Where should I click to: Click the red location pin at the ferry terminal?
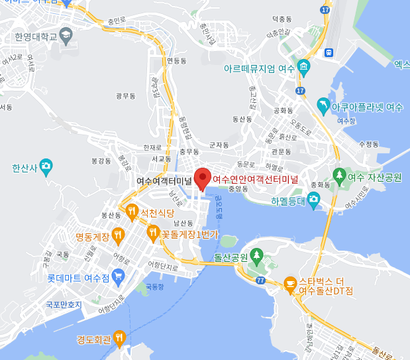click(x=203, y=178)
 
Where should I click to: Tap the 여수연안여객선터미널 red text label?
click(x=255, y=179)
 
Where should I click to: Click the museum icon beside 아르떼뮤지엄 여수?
click(x=303, y=66)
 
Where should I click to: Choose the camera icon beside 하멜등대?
click(x=313, y=199)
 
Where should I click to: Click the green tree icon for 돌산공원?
click(x=257, y=255)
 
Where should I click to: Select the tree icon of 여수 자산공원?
click(x=339, y=176)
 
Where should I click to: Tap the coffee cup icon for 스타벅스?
click(x=290, y=283)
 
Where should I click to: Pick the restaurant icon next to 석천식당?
click(x=130, y=212)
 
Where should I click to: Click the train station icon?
click(x=328, y=51)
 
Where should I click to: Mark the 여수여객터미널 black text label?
click(x=164, y=180)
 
